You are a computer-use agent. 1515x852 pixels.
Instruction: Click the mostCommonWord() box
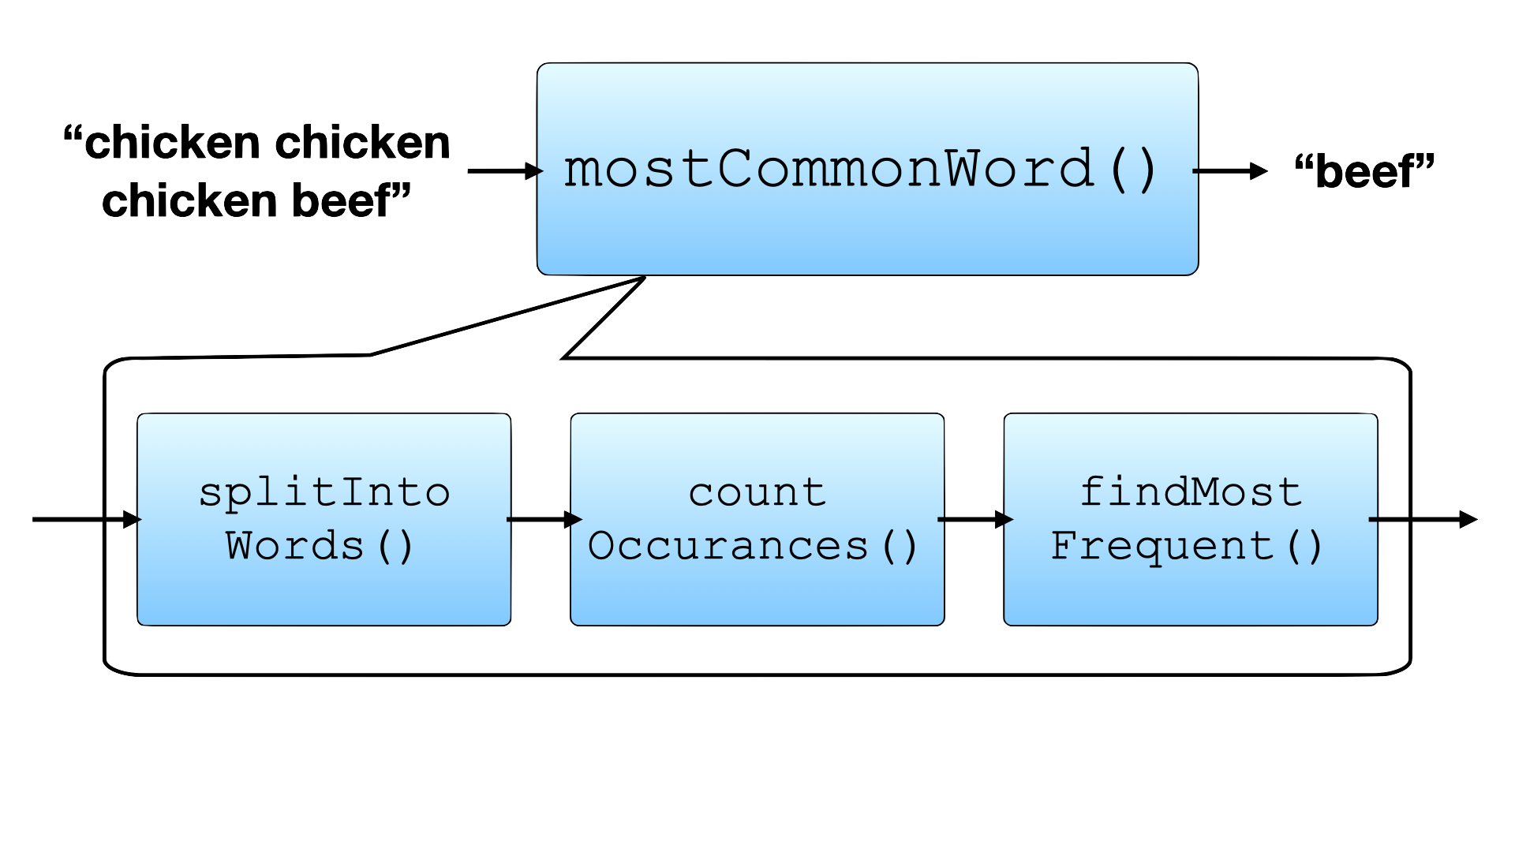[866, 169]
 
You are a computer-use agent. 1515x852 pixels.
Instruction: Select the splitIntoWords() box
[324, 519]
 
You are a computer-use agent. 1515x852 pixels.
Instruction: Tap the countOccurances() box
[757, 519]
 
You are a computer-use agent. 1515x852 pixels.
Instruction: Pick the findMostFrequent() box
[1190, 519]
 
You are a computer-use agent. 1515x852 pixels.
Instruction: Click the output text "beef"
[1366, 172]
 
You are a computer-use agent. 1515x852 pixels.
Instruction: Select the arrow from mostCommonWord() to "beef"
[1230, 170]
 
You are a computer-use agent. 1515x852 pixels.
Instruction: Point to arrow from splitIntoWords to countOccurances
[544, 519]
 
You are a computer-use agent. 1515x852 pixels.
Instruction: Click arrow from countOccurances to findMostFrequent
[974, 519]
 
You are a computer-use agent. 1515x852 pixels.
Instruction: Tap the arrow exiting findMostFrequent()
[1423, 519]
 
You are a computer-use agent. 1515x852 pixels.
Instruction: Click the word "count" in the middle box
[757, 493]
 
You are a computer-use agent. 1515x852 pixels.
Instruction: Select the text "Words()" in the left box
[320, 546]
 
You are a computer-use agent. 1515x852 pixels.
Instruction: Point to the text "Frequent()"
[1187, 546]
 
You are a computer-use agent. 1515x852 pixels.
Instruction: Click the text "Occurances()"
[753, 546]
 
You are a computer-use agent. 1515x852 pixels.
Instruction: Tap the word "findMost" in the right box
[1190, 492]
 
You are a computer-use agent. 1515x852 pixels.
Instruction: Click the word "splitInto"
[324, 493]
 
